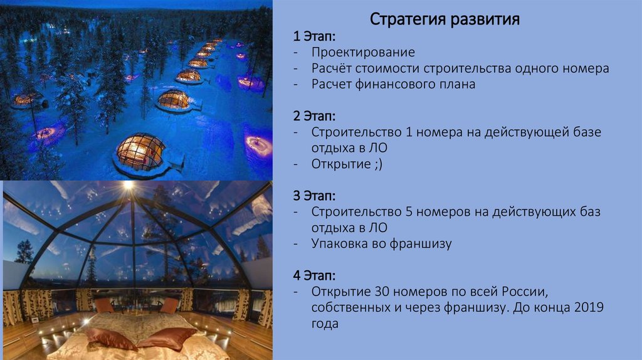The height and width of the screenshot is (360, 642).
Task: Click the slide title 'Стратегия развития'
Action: click(x=445, y=19)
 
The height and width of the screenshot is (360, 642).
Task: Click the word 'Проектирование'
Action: click(x=363, y=52)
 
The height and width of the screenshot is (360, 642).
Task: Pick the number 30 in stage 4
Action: click(x=383, y=292)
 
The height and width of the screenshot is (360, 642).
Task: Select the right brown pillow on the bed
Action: click(x=166, y=337)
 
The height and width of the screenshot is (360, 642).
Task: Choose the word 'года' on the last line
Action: click(x=325, y=324)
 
